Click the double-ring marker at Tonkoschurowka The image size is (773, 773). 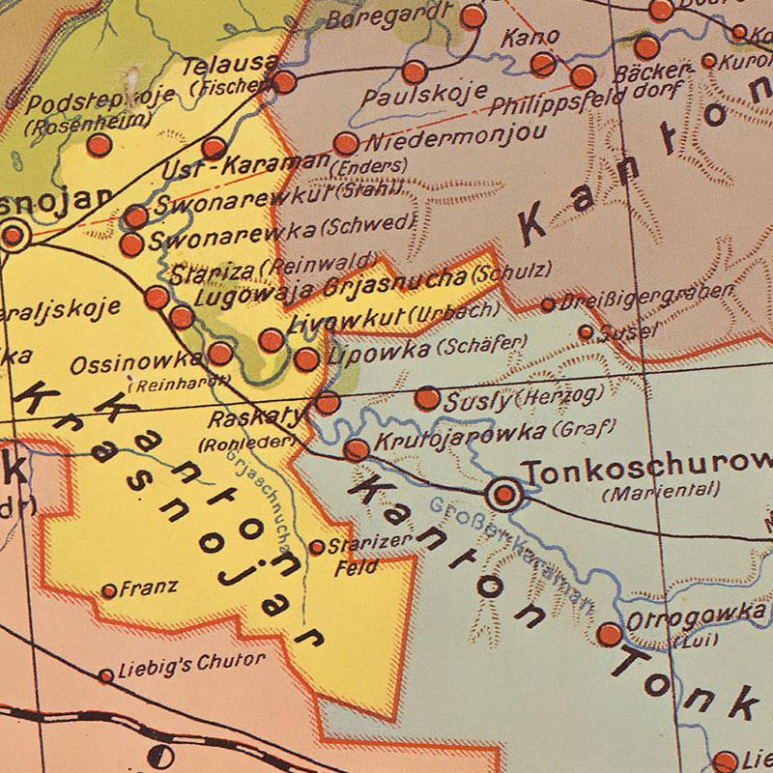coord(503,496)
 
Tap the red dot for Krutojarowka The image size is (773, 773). coord(357,449)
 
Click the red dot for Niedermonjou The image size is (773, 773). coord(345,145)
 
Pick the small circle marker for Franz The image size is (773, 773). coord(109,590)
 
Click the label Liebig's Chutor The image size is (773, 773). coord(190,663)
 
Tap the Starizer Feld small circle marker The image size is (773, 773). coord(317,547)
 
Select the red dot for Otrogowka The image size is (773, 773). coord(610,635)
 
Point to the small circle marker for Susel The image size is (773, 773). coord(586,332)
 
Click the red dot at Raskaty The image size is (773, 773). coord(328,403)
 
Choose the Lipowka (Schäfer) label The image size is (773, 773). coord(425,351)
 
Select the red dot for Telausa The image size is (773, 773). coord(284,81)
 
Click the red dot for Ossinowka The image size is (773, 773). coord(221,354)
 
